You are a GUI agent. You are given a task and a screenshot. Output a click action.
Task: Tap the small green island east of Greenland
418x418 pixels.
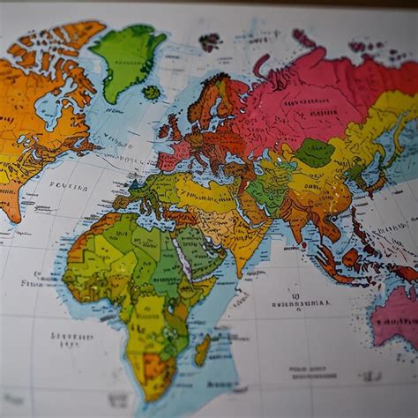[x=152, y=92]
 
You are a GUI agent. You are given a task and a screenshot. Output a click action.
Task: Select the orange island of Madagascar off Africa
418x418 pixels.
[x=202, y=350]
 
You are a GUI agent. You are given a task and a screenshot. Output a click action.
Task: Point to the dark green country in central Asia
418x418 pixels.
[x=314, y=153]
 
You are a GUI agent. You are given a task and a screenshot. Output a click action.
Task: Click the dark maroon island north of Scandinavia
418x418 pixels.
[x=210, y=41]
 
